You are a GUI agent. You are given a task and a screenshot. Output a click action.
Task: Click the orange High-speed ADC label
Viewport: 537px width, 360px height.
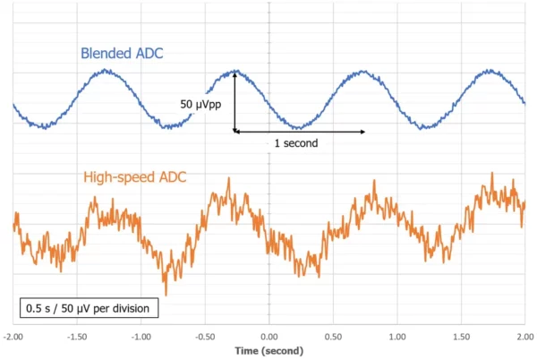point(135,177)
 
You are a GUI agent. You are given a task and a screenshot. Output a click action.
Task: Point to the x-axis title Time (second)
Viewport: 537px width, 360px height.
point(268,352)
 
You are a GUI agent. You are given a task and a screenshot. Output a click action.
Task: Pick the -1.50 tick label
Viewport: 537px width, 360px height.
point(77,337)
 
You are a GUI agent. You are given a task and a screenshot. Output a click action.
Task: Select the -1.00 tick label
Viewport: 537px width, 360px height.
point(141,337)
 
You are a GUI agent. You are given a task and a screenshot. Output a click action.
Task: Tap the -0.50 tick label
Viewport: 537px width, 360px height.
point(205,337)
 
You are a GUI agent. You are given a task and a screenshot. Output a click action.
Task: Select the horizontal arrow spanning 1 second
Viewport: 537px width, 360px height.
point(300,133)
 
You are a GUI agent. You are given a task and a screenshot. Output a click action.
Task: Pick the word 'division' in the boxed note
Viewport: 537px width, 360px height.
point(134,308)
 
